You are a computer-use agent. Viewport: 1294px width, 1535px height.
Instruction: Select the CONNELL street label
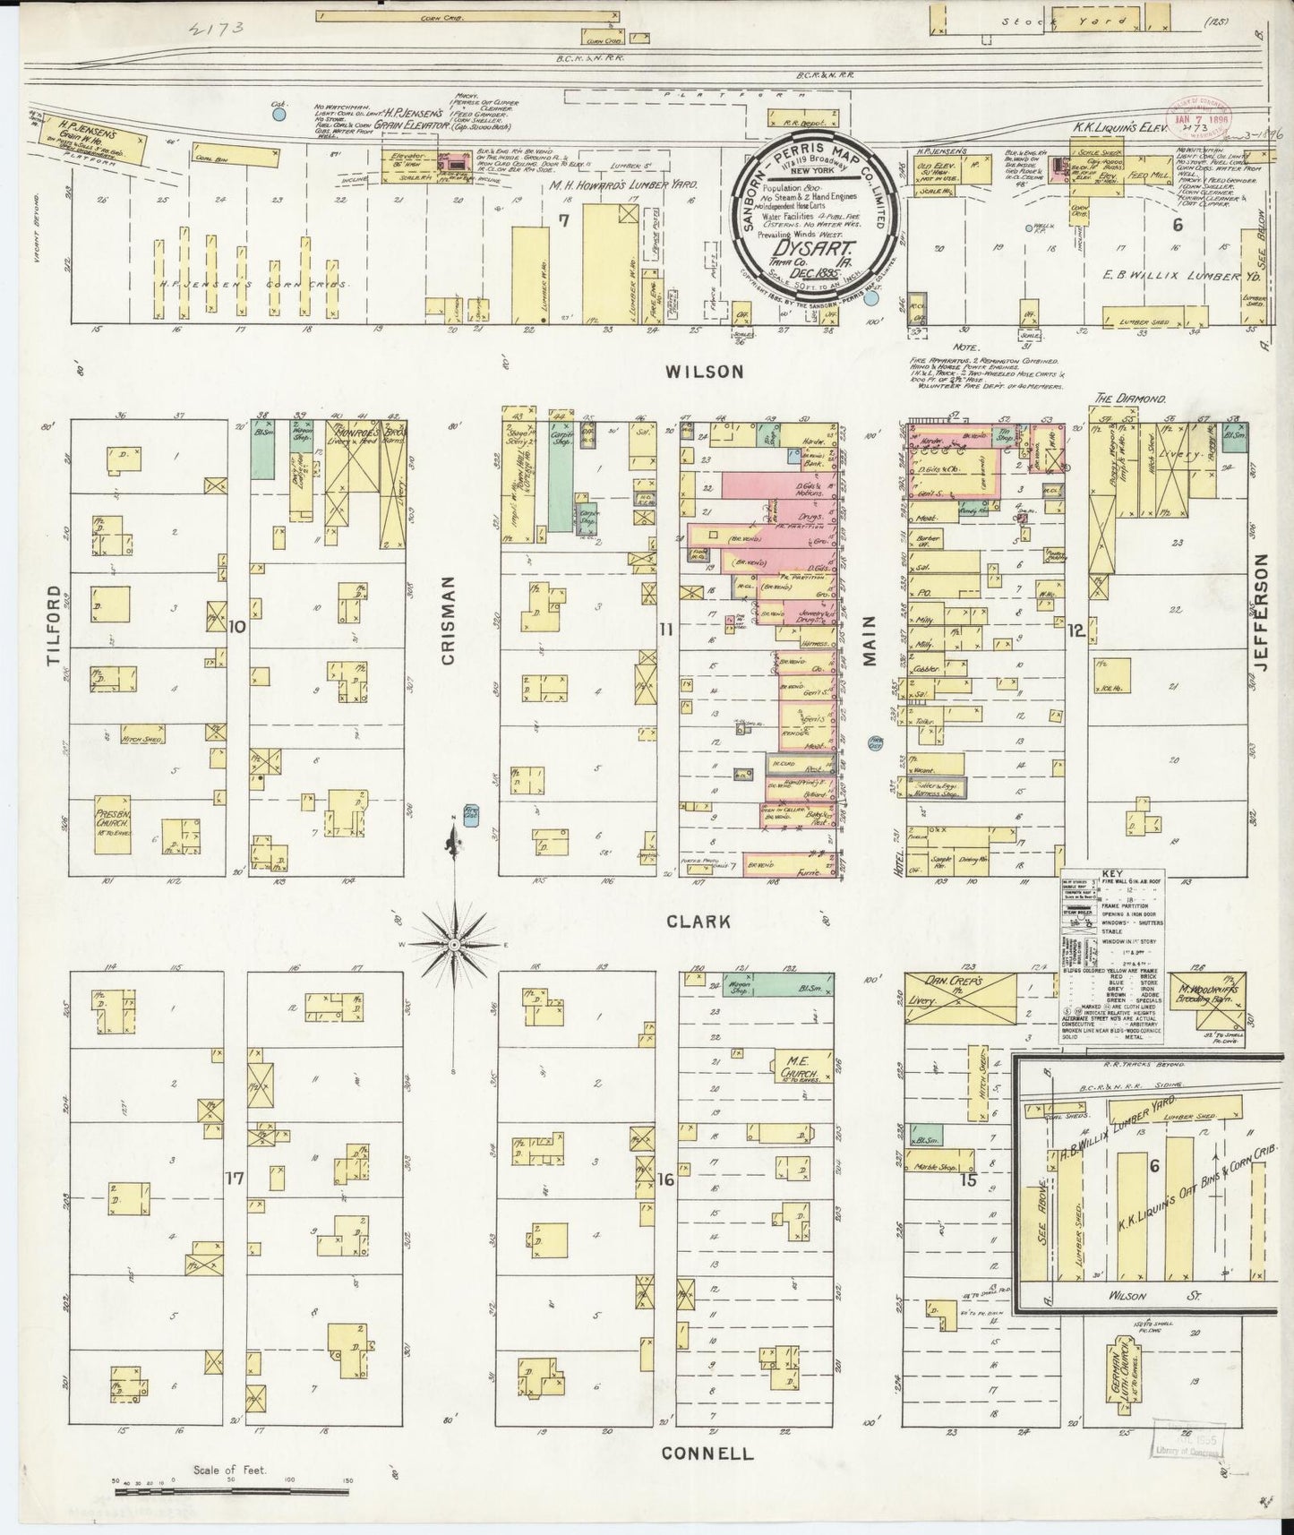tap(707, 1454)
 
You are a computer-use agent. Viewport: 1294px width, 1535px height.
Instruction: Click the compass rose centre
tap(455, 945)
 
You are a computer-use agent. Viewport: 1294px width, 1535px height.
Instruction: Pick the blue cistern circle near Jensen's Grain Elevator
tap(279, 114)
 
